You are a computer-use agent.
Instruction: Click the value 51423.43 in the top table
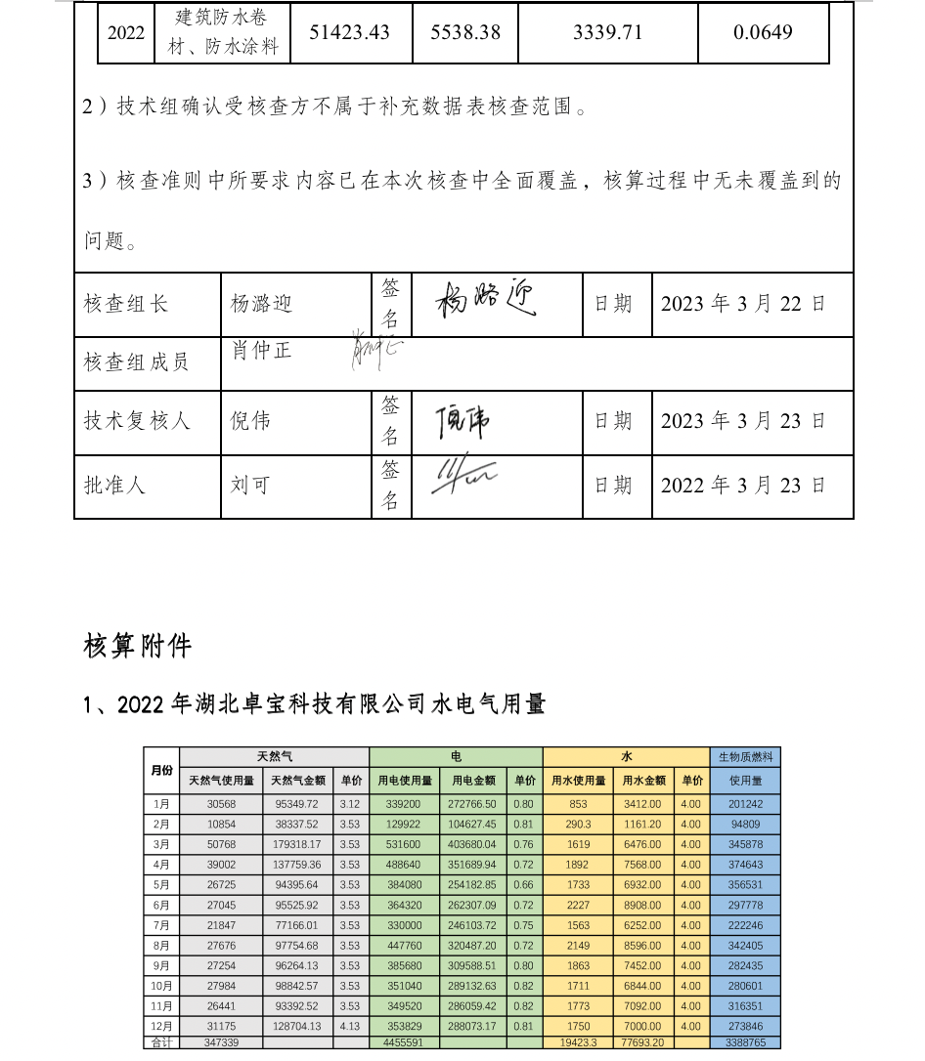pos(349,32)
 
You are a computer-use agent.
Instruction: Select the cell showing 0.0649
pos(763,32)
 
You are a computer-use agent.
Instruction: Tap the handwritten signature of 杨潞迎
pos(486,298)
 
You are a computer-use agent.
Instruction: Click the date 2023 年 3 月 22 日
pos(743,304)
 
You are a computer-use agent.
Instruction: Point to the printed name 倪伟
pos(250,421)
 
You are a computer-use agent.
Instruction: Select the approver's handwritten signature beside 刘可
pos(464,477)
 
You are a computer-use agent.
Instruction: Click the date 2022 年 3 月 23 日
pos(743,485)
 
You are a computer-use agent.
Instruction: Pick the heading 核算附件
pos(138,646)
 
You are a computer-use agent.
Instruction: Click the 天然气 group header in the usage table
pos(274,757)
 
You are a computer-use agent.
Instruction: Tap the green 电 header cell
pos(456,757)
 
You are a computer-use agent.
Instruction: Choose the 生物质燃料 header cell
pos(745,757)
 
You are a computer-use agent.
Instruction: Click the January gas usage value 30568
pos(221,804)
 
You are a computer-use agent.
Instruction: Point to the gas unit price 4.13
pos(349,1026)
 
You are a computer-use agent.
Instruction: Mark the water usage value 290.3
pos(578,825)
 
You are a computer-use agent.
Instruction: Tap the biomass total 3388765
pos(745,1042)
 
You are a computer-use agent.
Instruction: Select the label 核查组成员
pos(137,362)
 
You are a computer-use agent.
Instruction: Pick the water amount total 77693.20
pos(642,1042)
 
